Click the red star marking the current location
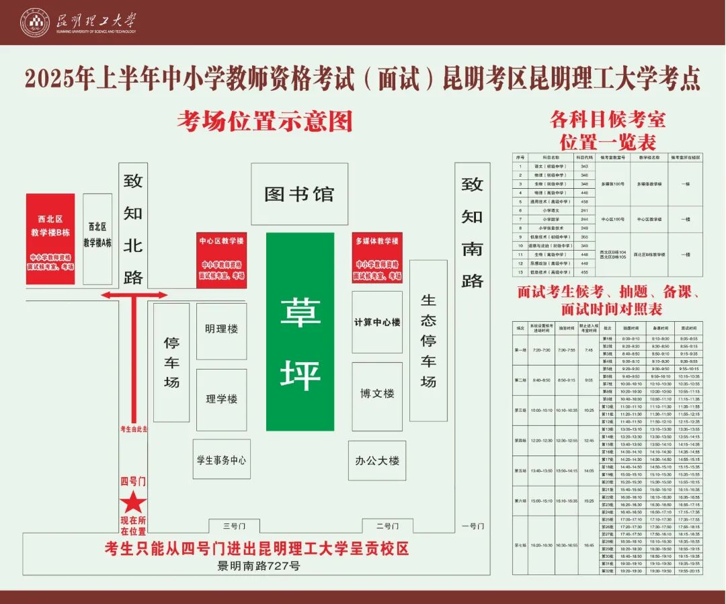click(133, 502)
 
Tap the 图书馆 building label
click(299, 194)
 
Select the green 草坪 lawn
click(300, 332)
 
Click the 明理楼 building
click(221, 330)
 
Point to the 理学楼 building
click(221, 399)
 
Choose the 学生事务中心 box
click(221, 460)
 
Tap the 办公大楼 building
click(377, 460)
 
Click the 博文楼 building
click(377, 394)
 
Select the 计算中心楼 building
click(377, 322)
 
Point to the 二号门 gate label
click(387, 526)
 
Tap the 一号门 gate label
click(472, 526)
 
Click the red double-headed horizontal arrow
click(134, 295)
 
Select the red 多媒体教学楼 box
click(377, 258)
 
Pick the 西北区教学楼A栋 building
click(97, 239)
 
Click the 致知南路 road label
click(472, 232)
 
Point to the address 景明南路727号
click(258, 566)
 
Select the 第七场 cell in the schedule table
click(520, 545)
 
